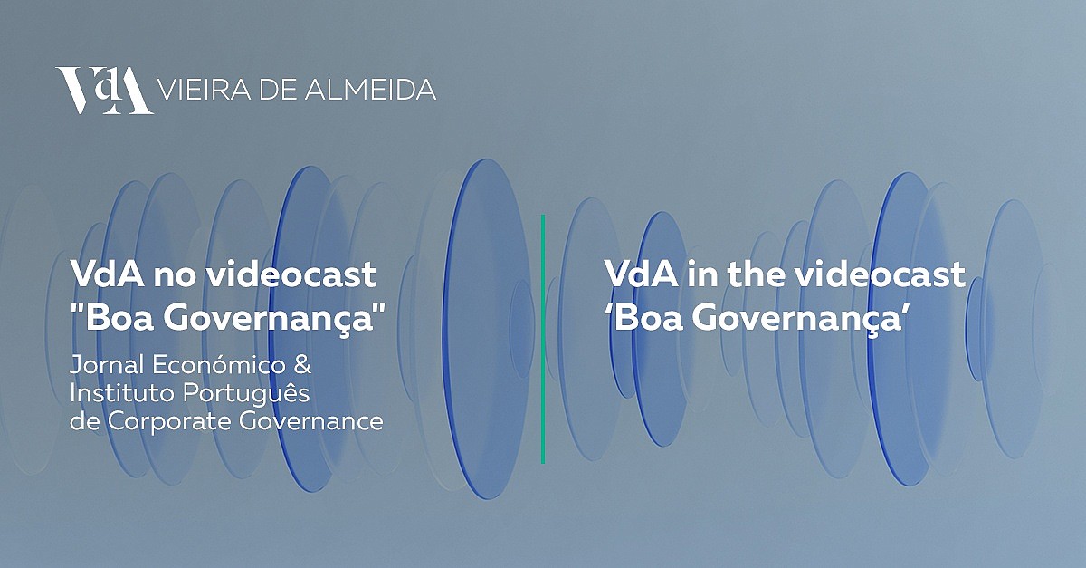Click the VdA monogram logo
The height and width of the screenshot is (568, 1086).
104,91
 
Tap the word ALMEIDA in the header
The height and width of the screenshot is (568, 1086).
370,90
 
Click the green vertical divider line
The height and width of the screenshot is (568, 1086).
543,339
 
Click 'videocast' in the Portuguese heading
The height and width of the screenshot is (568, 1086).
290,274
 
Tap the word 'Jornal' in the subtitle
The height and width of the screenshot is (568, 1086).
107,365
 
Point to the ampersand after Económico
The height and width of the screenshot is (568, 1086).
302,365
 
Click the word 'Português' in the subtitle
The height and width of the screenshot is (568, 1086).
246,394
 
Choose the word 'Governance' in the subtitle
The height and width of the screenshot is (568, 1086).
311,421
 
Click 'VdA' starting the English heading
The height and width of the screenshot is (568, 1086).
641,274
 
